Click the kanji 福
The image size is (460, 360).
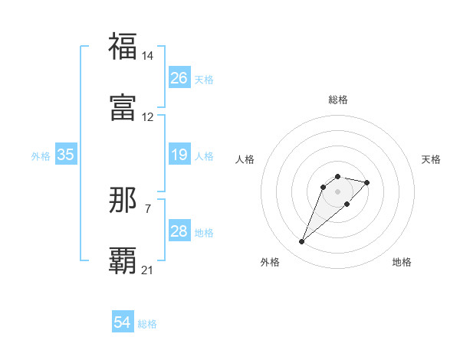(123, 46)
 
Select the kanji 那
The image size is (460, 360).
(123, 200)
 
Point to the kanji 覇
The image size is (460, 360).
(123, 260)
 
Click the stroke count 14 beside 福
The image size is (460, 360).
(148, 56)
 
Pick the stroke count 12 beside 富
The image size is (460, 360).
(148, 117)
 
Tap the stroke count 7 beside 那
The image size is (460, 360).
(148, 208)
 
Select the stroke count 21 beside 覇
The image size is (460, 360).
(148, 270)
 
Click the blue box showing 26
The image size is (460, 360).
(179, 78)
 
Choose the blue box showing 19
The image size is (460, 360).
(179, 155)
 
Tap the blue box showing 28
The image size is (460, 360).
(179, 231)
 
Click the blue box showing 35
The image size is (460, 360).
(66, 155)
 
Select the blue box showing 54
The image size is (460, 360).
(123, 322)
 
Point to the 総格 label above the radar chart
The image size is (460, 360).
(338, 100)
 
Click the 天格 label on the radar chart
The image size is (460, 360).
(431, 159)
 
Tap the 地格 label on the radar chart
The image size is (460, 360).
(402, 262)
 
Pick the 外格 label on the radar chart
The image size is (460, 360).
(270, 262)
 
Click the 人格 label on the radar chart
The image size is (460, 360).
(245, 159)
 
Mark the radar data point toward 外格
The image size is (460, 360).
(302, 242)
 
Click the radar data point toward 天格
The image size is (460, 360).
(367, 182)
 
